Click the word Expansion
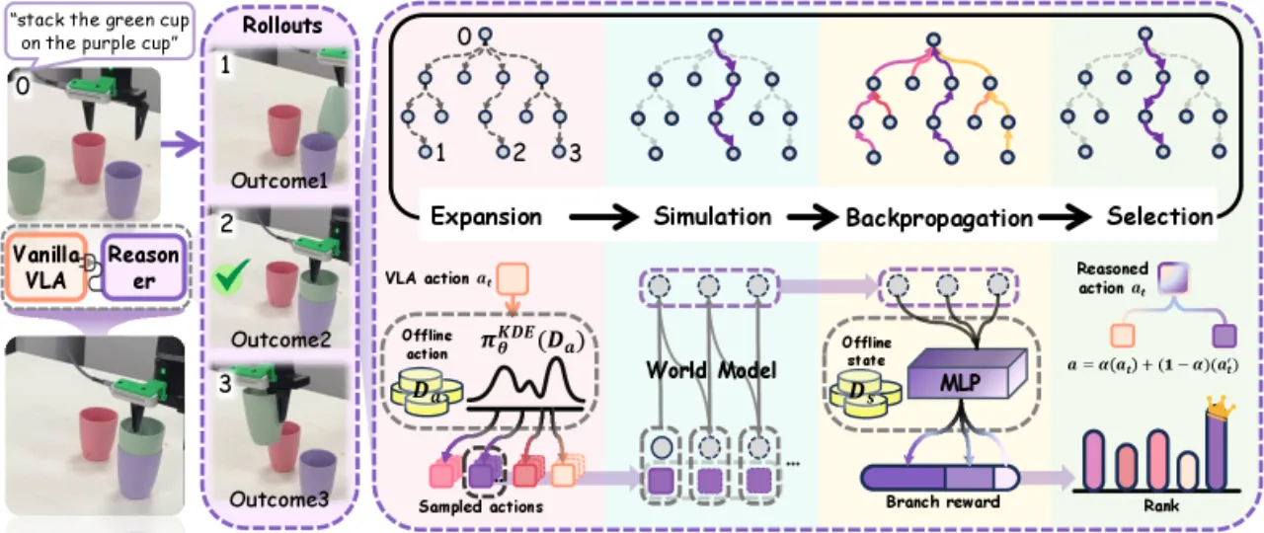point(486,216)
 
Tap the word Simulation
point(713,216)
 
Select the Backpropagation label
point(939,218)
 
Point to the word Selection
point(1159,216)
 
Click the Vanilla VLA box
point(46,266)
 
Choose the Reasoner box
point(143,266)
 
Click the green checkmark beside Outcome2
point(230,275)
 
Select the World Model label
point(712,370)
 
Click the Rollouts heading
point(282,26)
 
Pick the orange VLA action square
point(513,278)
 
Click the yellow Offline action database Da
point(427,392)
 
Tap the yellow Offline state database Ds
point(865,395)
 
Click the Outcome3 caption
point(278,499)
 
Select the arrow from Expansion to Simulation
point(603,217)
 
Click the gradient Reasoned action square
point(1173,278)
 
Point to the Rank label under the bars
point(1161,505)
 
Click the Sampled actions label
point(480,506)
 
